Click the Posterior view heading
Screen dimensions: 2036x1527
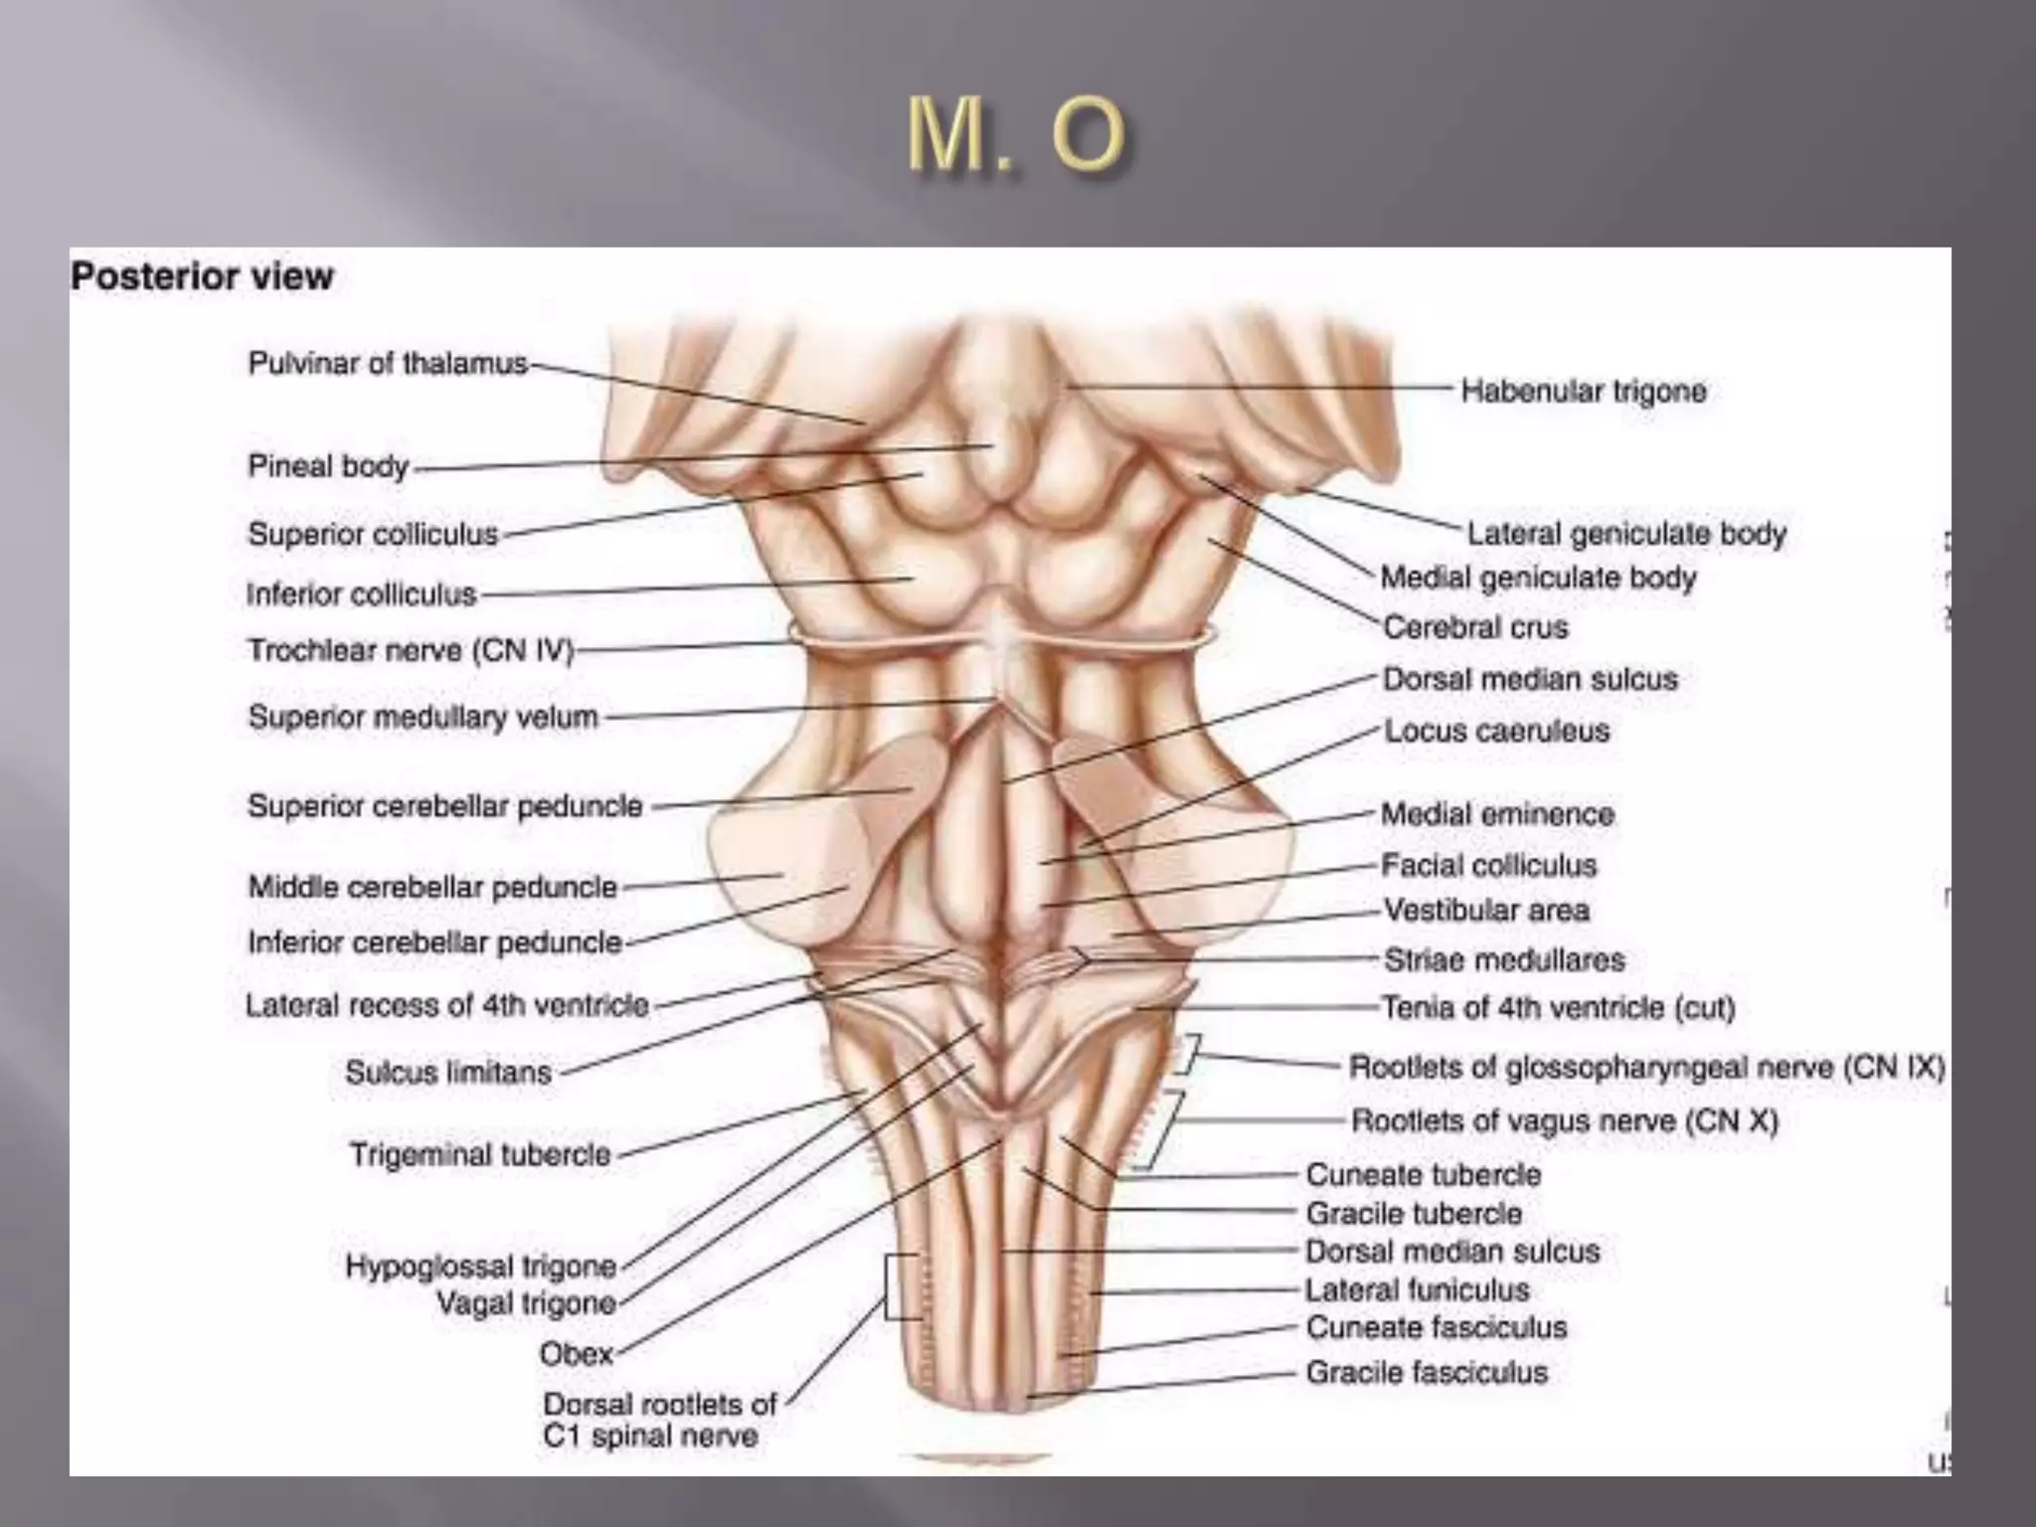[202, 276]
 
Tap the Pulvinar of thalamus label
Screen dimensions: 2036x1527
[388, 364]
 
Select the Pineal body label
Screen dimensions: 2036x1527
[328, 466]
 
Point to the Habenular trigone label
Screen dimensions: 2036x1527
[1583, 391]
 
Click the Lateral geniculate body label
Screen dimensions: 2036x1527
[1626, 534]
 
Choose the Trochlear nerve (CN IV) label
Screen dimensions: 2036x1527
[411, 651]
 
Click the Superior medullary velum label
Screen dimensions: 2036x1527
[424, 717]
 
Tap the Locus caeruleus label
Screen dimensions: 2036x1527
[1496, 732]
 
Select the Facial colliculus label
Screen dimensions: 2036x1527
[1488, 866]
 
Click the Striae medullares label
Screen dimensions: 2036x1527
[1504, 960]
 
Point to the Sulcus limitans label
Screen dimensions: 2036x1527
[448, 1073]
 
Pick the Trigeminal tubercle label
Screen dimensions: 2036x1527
[480, 1155]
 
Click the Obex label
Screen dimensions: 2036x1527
[577, 1354]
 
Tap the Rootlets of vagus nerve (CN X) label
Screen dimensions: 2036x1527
[1564, 1121]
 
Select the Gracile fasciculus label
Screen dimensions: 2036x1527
[1427, 1373]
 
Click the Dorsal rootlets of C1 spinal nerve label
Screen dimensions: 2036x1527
[659, 1420]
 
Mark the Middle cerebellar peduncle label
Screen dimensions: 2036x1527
[432, 887]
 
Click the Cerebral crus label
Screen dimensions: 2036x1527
[1475, 628]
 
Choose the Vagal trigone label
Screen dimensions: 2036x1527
[527, 1303]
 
